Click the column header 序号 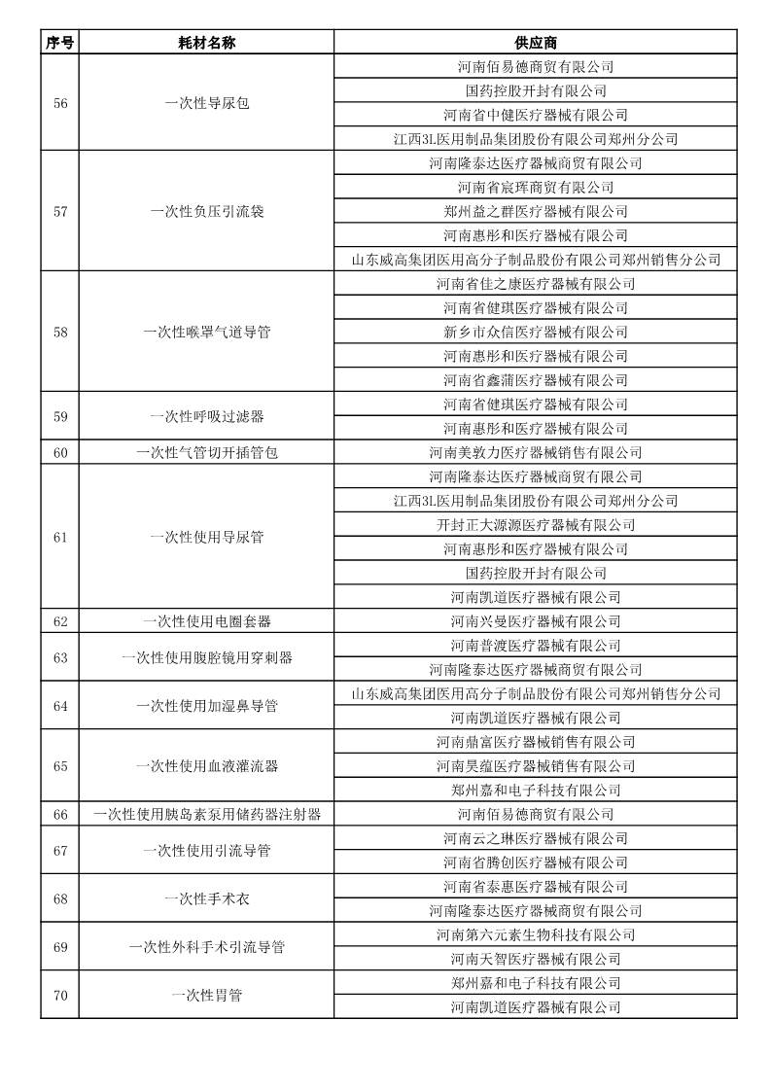coord(59,43)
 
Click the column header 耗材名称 coord(206,43)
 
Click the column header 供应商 coord(535,43)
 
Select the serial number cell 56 coord(59,103)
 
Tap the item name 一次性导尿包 coord(206,103)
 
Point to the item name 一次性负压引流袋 coord(206,212)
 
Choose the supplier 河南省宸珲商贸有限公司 coord(535,188)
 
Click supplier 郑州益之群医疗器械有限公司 coord(535,212)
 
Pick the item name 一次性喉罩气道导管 coord(206,333)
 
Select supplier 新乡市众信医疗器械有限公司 coord(535,333)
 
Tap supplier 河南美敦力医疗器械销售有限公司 coord(535,453)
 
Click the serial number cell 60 coord(59,453)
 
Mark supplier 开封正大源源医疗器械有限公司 coord(535,525)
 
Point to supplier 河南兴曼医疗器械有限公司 coord(535,621)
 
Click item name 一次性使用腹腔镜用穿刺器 coord(206,658)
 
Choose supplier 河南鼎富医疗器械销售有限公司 coord(535,742)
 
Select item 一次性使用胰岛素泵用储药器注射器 coord(206,815)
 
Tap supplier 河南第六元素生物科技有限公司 coord(535,935)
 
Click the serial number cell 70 coord(59,996)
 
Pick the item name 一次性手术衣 coord(206,899)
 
